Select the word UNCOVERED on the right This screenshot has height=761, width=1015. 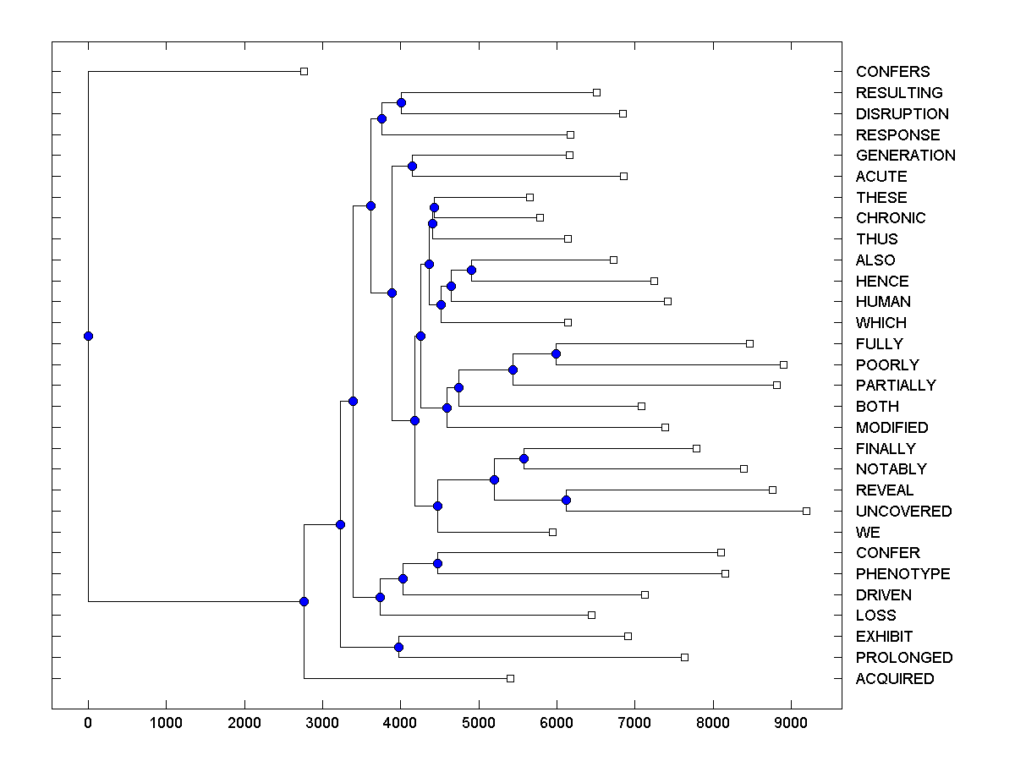click(903, 512)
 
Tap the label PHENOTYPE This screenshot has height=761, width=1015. click(903, 574)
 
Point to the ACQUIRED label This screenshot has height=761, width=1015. click(895, 679)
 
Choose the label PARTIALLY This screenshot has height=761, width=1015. click(896, 386)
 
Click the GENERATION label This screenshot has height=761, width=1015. click(905, 156)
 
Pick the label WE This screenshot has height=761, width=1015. click(868, 533)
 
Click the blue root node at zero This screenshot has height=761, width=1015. click(88, 336)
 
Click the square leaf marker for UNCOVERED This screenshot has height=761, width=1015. click(806, 511)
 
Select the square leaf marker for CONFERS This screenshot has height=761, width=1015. click(304, 72)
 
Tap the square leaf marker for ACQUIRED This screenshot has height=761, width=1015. click(510, 678)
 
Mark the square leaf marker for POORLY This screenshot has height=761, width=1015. click(783, 364)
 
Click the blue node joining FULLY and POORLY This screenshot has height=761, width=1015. click(556, 353)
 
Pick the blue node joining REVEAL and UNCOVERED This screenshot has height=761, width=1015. click(566, 501)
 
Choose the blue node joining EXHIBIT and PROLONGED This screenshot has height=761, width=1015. click(398, 647)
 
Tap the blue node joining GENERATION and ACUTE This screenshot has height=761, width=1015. click(412, 166)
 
